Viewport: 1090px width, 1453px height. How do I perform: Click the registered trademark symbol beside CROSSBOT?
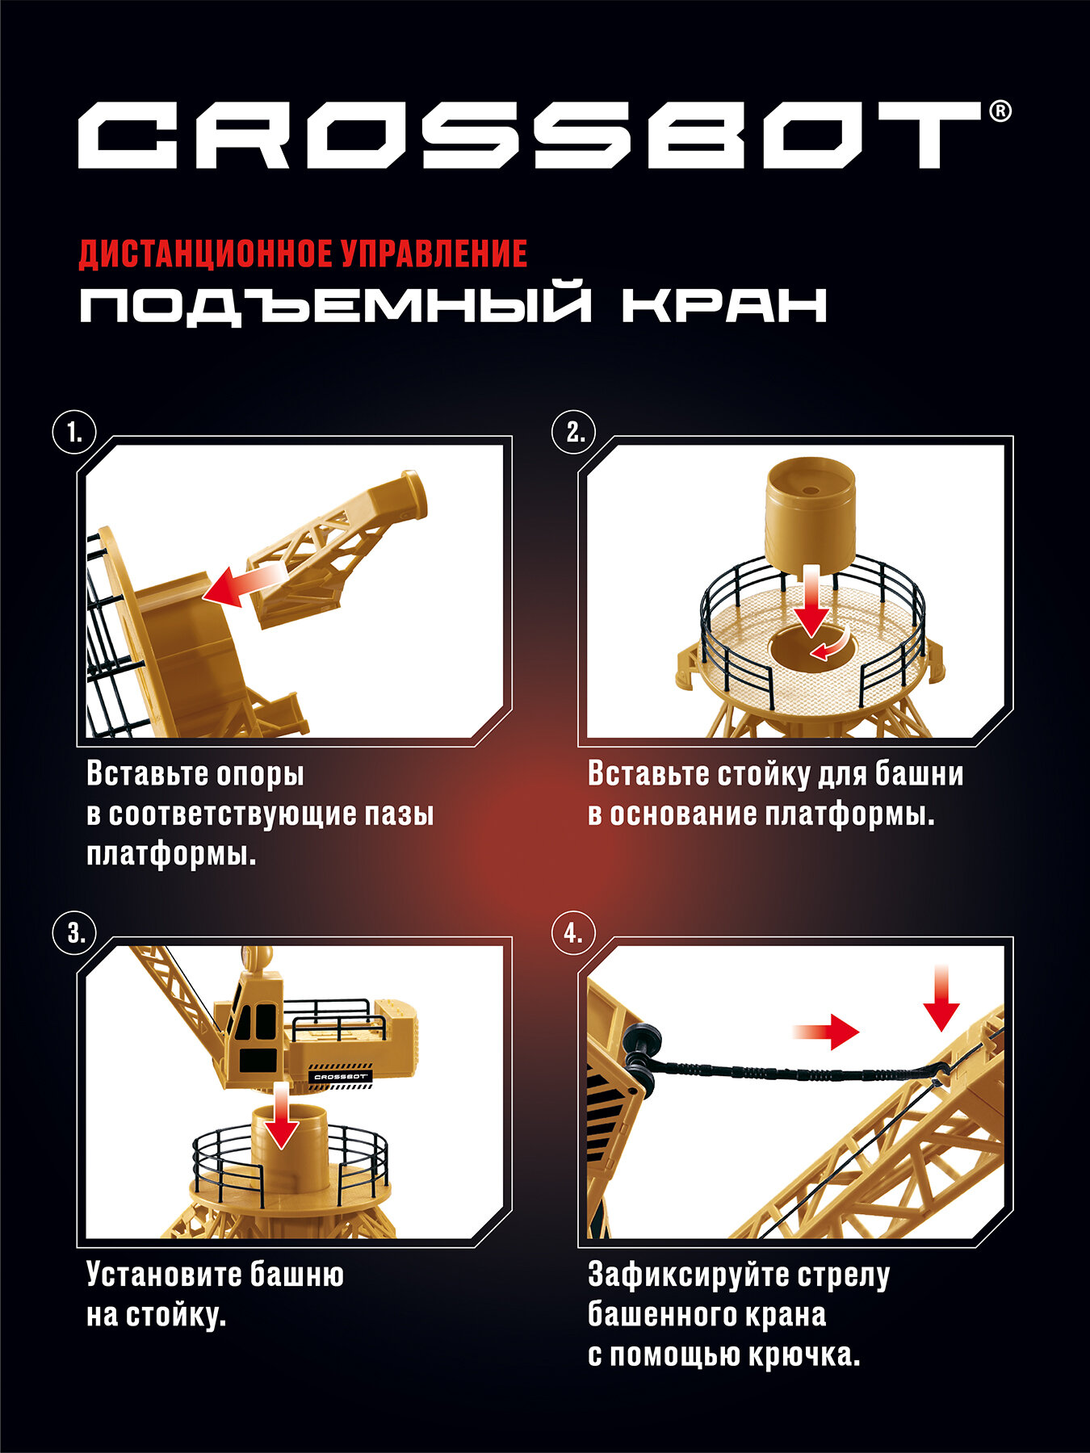point(999,111)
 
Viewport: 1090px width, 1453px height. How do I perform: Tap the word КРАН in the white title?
point(724,305)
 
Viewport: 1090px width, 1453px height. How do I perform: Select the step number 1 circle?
point(74,433)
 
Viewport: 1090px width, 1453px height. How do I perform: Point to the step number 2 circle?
point(574,433)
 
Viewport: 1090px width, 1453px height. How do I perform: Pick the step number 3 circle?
point(74,934)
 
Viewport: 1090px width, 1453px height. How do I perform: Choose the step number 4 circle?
point(574,934)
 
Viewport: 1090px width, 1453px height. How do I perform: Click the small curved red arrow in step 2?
point(831,646)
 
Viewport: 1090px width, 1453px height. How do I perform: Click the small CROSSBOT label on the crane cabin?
point(340,1076)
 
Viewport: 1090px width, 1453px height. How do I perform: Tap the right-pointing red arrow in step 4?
point(825,1032)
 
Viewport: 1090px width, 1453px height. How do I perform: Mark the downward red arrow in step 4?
point(941,998)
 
